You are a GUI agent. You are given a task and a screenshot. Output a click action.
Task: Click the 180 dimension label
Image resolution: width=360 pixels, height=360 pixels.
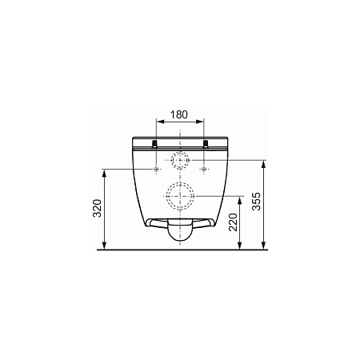(179, 114)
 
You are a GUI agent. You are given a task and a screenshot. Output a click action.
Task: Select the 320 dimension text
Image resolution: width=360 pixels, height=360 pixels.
(98, 208)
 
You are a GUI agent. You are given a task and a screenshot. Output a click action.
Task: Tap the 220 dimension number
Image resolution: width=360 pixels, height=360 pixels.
(233, 222)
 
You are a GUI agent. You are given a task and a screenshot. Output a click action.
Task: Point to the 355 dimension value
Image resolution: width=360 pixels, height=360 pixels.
(257, 202)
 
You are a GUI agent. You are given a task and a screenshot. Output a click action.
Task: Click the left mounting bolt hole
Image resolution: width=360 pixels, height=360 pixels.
(156, 169)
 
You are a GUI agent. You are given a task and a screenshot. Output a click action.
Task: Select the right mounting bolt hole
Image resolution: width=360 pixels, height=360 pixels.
(204, 169)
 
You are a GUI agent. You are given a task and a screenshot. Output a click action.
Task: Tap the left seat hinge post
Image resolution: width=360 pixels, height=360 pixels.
(154, 144)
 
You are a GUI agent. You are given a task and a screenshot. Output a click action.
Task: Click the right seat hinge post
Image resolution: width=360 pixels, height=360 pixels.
(206, 144)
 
